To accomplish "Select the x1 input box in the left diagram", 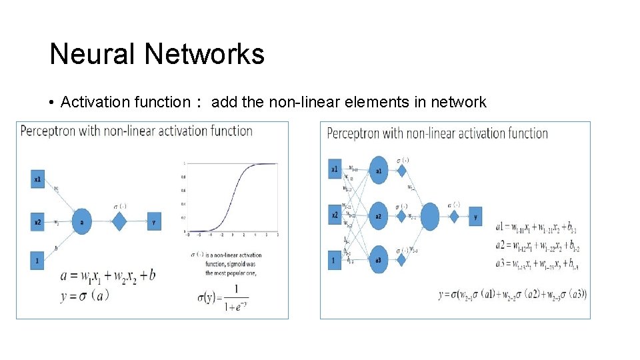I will point(38,179).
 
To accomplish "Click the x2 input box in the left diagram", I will point(38,221).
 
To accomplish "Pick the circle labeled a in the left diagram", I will point(81,221).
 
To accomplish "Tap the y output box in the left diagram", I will point(154,221).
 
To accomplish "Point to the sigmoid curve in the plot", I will point(231,198).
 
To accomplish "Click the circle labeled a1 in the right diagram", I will point(378,171).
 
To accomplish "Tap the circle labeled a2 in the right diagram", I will point(378,216).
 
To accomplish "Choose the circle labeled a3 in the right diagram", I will point(378,260).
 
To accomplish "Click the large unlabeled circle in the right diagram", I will point(430,216).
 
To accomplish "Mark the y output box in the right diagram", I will point(475,216).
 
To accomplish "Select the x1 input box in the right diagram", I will point(334,169).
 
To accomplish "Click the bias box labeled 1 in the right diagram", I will point(333,260).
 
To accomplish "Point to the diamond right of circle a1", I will point(402,171).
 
